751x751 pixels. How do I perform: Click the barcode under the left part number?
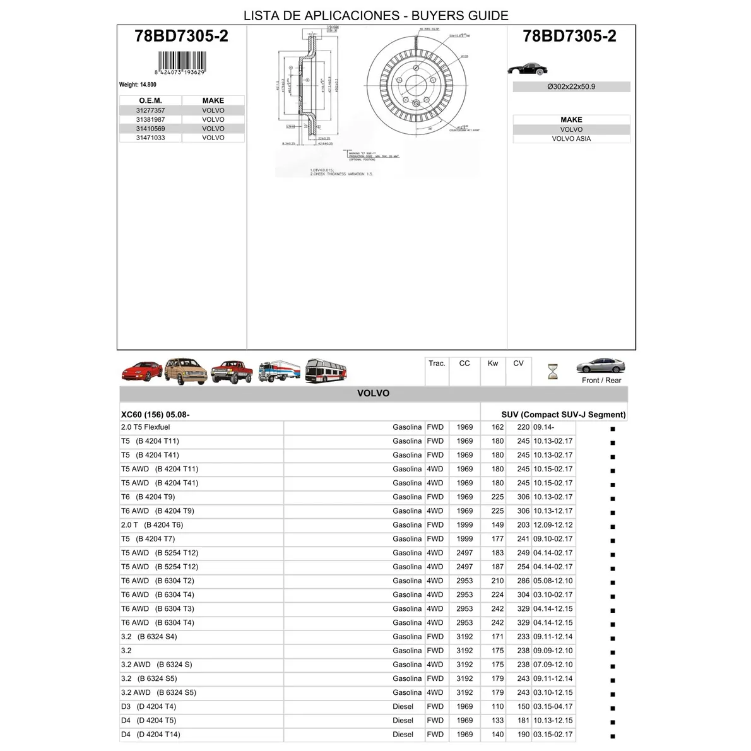click(x=181, y=63)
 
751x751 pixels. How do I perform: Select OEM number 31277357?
click(x=150, y=110)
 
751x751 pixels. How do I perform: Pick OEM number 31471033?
click(x=150, y=138)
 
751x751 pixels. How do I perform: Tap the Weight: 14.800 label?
click(x=138, y=85)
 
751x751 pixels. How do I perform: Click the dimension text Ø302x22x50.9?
click(x=571, y=87)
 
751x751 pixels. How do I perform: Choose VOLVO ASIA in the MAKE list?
click(x=571, y=139)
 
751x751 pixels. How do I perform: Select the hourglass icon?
click(x=553, y=371)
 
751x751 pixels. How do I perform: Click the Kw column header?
click(x=493, y=364)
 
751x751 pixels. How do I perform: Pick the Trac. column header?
click(x=437, y=364)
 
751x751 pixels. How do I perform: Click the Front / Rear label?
click(x=601, y=381)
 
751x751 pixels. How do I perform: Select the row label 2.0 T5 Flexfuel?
click(x=146, y=427)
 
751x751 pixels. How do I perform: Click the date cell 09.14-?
click(x=544, y=427)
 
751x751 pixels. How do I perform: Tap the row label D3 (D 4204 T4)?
click(x=148, y=707)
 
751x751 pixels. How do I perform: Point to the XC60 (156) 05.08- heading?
click(x=155, y=415)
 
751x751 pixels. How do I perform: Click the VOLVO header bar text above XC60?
click(x=374, y=393)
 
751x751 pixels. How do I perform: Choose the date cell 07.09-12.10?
click(x=553, y=665)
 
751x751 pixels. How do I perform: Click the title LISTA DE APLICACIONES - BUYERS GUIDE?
click(x=376, y=16)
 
